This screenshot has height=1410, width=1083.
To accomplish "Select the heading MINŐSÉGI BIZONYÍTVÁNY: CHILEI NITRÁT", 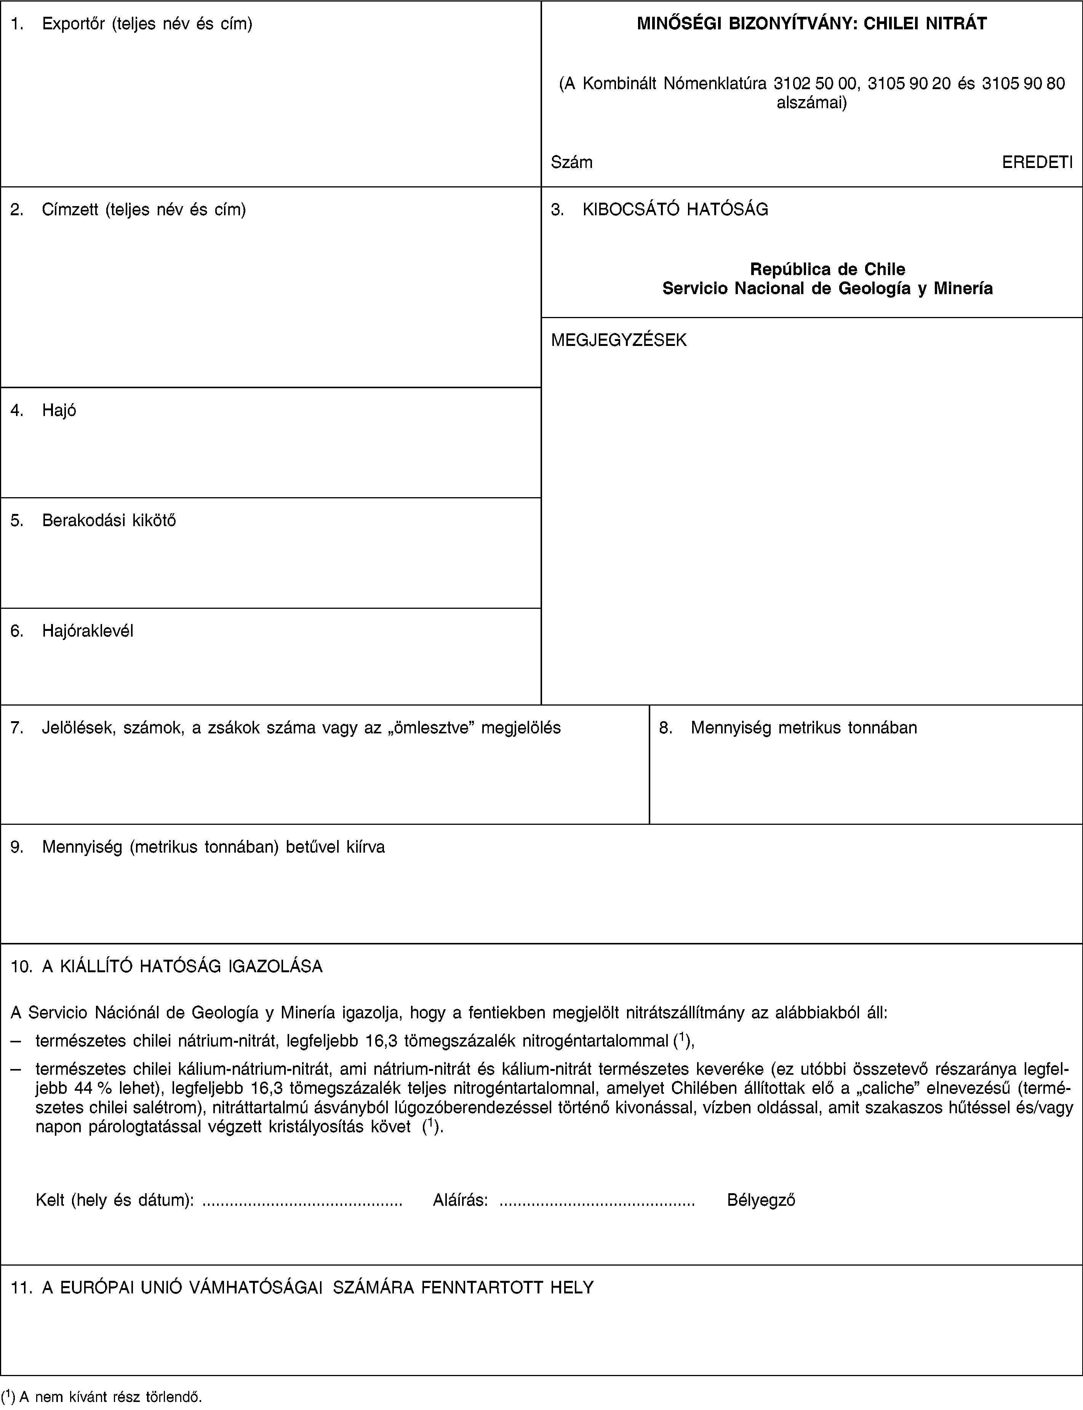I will click(812, 24).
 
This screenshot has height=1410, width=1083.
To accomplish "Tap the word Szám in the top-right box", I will click(572, 162).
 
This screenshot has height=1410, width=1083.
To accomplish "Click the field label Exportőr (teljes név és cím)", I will click(147, 24).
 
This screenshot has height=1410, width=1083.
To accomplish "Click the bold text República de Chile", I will click(828, 269).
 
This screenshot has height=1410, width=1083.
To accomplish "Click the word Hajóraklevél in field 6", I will click(88, 631).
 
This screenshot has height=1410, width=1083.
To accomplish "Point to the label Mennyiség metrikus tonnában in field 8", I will click(803, 728).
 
